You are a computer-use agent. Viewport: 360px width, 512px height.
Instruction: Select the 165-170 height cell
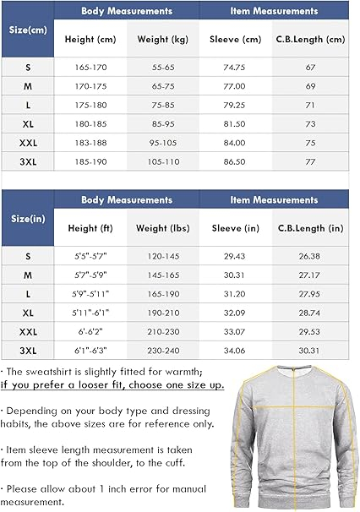click(90, 67)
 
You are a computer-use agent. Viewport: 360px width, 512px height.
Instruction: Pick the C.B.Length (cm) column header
click(311, 40)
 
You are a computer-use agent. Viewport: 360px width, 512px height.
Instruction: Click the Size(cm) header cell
click(27, 30)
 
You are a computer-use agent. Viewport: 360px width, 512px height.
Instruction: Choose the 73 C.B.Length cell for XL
click(311, 123)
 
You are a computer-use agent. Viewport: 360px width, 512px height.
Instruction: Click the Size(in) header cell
click(27, 218)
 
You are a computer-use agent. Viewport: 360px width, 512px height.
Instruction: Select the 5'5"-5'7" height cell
click(90, 255)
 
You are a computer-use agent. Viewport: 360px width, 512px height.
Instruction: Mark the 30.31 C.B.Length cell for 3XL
click(311, 348)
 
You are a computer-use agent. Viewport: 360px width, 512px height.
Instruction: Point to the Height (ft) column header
click(90, 228)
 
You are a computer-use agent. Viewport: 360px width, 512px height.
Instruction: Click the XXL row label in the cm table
click(27, 141)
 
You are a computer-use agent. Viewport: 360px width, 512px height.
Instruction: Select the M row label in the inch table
click(27, 274)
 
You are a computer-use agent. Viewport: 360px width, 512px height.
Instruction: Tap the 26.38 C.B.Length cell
click(311, 255)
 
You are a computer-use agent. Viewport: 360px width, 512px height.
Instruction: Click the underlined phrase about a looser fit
click(112, 385)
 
